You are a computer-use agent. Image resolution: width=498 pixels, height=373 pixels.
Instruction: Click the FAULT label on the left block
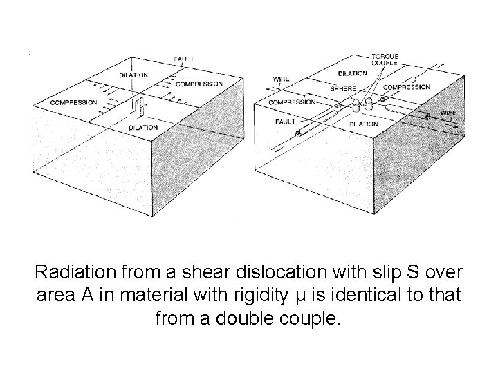(x=184, y=59)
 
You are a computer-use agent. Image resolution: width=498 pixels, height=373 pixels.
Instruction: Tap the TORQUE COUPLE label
(x=385, y=59)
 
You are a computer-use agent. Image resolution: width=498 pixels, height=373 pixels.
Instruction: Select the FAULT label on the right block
(x=285, y=122)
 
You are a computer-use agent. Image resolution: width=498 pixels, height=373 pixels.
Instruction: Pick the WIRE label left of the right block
(x=281, y=79)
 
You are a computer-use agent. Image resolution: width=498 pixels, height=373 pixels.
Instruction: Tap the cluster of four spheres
(x=363, y=105)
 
